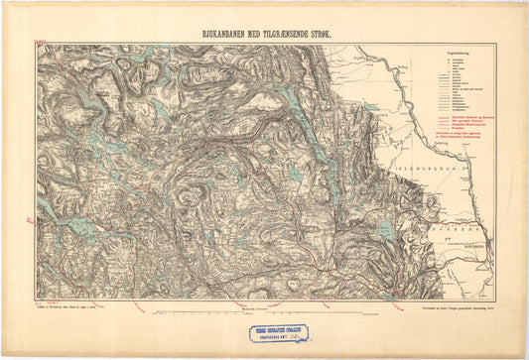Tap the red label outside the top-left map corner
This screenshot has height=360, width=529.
pos(40,41)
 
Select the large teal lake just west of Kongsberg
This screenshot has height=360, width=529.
pos(385,230)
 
